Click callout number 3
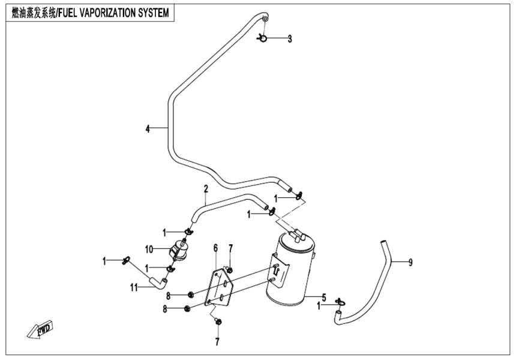290,39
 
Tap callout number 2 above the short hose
205,189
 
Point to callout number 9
410,262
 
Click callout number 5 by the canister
324,297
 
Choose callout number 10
148,248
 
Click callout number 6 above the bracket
215,248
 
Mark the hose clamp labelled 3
263,39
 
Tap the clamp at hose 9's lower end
340,302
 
